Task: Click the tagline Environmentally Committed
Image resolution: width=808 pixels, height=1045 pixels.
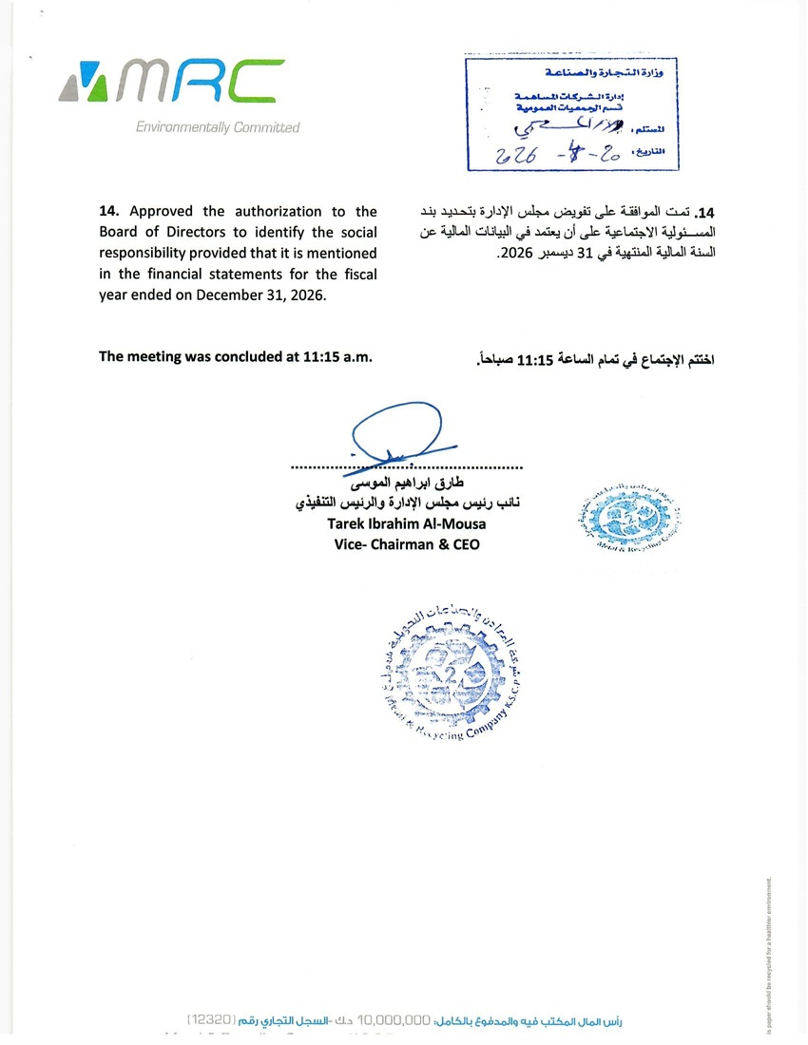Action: [x=218, y=127]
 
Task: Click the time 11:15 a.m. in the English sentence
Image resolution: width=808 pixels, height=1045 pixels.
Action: [x=337, y=357]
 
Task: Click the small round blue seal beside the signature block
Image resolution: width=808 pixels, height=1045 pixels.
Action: [x=614, y=520]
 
